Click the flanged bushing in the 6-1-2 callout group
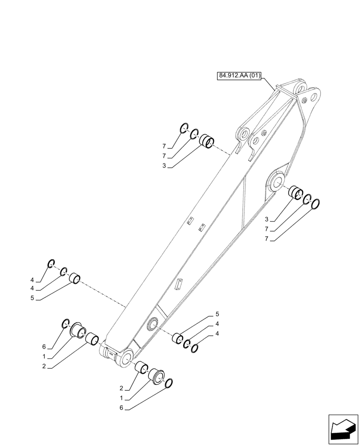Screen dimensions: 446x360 [x=78, y=330]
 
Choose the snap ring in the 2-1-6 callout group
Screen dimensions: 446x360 [x=169, y=383]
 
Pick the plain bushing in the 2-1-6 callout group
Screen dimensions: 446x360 [x=142, y=368]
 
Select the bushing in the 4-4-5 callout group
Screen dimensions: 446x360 [x=75, y=281]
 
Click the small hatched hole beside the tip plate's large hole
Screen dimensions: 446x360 [x=305, y=100]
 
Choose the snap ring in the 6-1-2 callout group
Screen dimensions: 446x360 [x=65, y=323]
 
